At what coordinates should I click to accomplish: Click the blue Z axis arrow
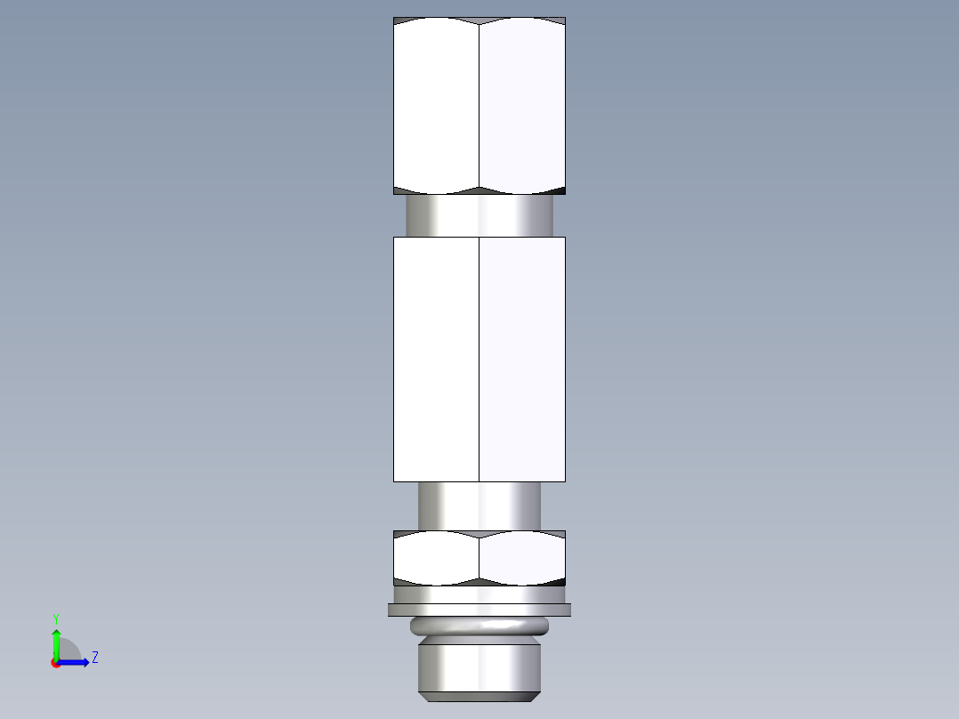77,662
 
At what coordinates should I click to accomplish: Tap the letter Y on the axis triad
56,618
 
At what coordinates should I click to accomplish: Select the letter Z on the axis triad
94,658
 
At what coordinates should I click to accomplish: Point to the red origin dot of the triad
55,663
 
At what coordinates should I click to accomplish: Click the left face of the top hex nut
436,105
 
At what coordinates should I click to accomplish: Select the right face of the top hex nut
522,105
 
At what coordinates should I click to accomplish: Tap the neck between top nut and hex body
479,215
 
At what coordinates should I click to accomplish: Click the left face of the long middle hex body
436,359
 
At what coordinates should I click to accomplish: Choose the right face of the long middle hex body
522,359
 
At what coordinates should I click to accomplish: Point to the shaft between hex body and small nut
479,505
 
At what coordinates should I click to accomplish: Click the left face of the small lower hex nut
436,559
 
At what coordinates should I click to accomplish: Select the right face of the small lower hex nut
522,559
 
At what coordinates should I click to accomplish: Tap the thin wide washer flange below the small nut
479,610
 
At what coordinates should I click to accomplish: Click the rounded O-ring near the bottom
479,626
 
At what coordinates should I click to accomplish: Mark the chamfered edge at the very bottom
479,693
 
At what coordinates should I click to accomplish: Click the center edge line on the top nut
479,105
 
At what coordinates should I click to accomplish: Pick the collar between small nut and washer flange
479,594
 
